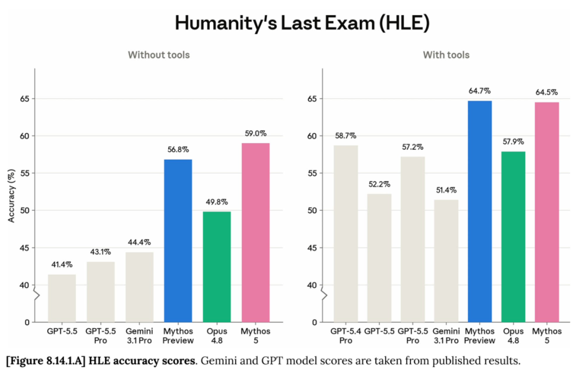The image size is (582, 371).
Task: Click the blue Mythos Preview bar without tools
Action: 178,241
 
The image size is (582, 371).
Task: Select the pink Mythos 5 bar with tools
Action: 547,212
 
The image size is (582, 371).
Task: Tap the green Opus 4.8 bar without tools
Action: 217,267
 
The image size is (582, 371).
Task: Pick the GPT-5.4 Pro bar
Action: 346,234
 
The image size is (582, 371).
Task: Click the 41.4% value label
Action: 62,265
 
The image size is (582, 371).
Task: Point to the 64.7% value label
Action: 479,91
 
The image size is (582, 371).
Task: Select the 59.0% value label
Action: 256,134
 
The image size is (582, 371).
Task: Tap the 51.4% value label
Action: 446,190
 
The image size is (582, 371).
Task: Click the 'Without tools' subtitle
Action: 159,55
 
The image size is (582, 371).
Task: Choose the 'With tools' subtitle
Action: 446,55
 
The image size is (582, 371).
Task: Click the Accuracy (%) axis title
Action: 11,196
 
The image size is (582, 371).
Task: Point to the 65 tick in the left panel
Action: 25,99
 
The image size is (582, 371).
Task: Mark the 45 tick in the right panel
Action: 312,248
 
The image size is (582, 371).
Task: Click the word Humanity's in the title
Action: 226,23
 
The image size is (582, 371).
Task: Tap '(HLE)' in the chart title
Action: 404,23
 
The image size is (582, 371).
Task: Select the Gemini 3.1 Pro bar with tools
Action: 446,261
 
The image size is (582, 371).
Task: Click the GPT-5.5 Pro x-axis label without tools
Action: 101,336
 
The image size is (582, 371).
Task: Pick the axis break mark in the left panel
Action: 37,295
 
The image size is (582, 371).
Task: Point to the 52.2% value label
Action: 379,184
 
